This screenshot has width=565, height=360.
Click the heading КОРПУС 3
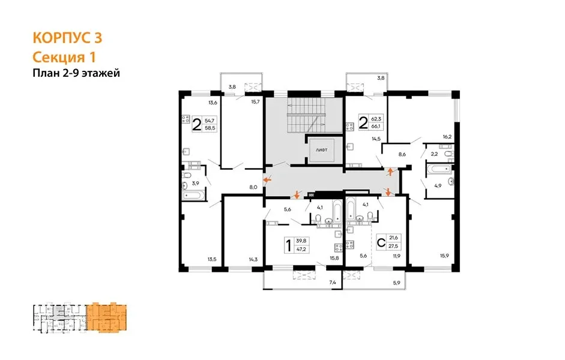pyautogui.click(x=67, y=38)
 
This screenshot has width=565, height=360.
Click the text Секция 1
pyautogui.click(x=64, y=57)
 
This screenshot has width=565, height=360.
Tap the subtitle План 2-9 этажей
pyautogui.click(x=76, y=73)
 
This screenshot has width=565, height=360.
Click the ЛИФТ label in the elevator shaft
pyautogui.click(x=322, y=150)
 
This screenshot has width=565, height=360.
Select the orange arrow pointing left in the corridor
pyautogui.click(x=267, y=179)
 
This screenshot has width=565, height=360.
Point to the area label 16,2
pyautogui.click(x=447, y=137)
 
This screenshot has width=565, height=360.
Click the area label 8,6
pyautogui.click(x=402, y=154)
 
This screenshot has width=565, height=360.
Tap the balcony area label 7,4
pyautogui.click(x=333, y=283)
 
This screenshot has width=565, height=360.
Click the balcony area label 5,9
pyautogui.click(x=396, y=283)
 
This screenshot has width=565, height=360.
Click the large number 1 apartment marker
pyautogui.click(x=288, y=246)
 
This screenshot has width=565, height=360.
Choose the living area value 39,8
pyautogui.click(x=301, y=241)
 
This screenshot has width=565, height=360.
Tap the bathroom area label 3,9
pyautogui.click(x=195, y=183)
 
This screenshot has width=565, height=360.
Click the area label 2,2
pyautogui.click(x=434, y=154)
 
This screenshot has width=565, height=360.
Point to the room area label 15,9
pyautogui.click(x=445, y=256)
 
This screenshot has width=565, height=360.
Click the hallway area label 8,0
pyautogui.click(x=253, y=187)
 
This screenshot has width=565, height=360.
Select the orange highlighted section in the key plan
pyautogui.click(x=107, y=317)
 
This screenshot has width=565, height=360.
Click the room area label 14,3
pyautogui.click(x=253, y=259)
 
